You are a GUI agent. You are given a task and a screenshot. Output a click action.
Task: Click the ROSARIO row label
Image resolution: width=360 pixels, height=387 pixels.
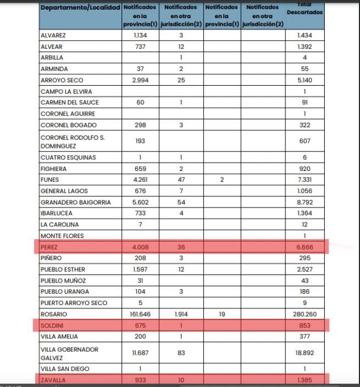point(53,314)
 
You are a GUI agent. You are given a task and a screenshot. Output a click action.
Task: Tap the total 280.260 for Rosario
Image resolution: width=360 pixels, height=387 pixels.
point(304,314)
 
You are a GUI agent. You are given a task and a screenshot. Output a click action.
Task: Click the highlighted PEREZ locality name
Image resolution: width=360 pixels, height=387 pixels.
point(49,247)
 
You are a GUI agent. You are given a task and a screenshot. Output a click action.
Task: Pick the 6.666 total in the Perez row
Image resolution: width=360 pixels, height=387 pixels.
point(304,247)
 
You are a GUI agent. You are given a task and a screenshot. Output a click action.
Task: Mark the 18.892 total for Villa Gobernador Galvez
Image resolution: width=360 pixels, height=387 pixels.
point(304,352)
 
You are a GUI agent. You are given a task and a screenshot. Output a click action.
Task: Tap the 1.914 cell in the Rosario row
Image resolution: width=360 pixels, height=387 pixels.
point(181,314)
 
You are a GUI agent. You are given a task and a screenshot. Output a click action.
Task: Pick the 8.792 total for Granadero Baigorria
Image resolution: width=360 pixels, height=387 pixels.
point(304,202)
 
